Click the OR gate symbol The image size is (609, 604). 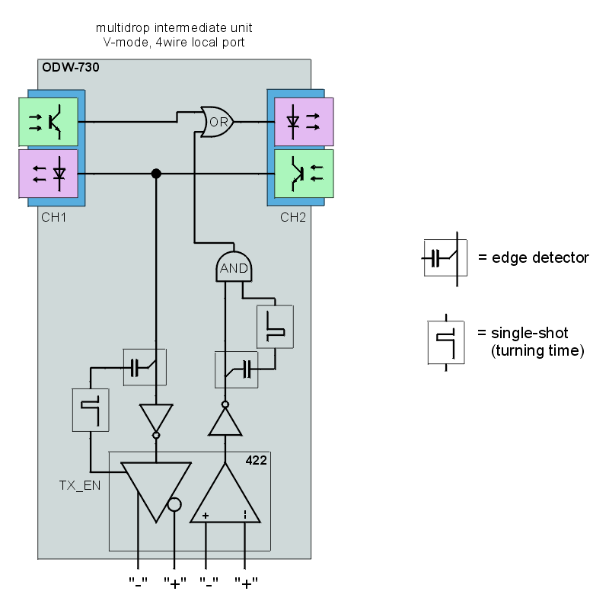coord(216,121)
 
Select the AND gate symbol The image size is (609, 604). coord(234,267)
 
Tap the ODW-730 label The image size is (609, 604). coord(70,67)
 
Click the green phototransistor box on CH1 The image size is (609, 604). coord(48,121)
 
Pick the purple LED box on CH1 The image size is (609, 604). coord(48,174)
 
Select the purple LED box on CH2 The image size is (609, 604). coord(303,121)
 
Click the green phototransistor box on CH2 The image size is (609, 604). coord(303,174)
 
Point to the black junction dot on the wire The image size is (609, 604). coord(156,174)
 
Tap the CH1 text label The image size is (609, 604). coord(54,217)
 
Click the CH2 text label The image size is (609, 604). coord(293,217)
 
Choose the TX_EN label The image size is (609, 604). coord(80,484)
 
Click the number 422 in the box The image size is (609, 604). coord(256,460)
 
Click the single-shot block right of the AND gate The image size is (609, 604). coord(275,327)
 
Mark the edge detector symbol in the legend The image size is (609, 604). coord(445,257)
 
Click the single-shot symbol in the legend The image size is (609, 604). coord(445,341)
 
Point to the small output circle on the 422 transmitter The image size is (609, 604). coord(174,503)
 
